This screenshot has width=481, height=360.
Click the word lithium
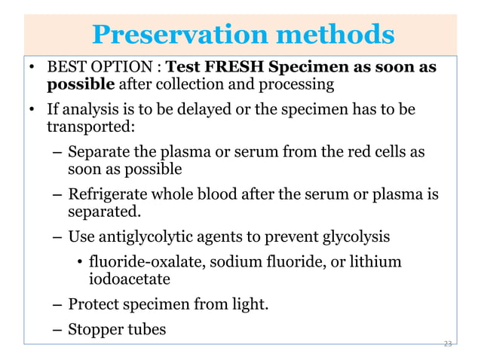[378, 263]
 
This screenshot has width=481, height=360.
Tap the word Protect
[93, 305]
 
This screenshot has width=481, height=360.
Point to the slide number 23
[448, 343]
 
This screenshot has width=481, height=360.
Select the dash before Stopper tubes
[57, 329]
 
